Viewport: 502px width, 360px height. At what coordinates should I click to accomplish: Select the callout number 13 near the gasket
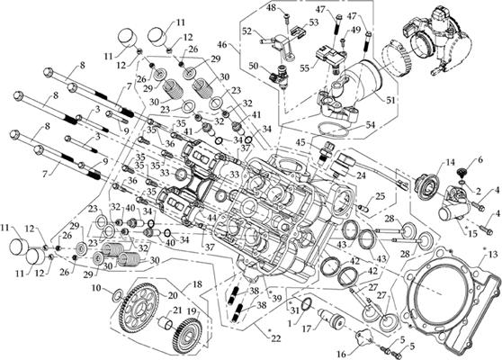pyautogui.click(x=490, y=256)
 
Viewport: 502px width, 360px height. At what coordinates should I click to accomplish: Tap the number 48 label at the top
pyautogui.click(x=270, y=8)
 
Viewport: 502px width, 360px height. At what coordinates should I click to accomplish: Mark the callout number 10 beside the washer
pyautogui.click(x=95, y=288)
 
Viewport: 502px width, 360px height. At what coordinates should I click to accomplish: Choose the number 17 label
pyautogui.click(x=309, y=328)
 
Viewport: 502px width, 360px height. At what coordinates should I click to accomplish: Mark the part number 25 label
pyautogui.click(x=381, y=195)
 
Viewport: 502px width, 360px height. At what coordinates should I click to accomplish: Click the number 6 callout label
pyautogui.click(x=480, y=158)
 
